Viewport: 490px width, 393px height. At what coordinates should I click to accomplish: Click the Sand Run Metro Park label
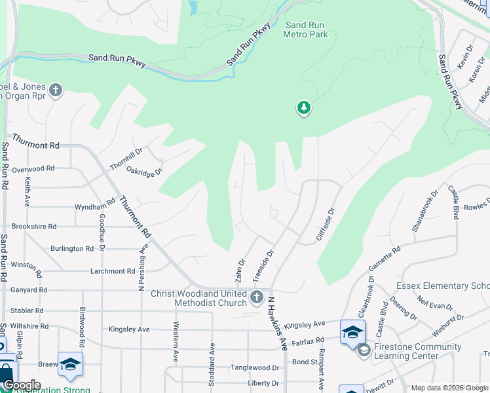coord(305,29)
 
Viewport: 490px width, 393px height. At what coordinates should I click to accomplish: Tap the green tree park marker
coord(303,107)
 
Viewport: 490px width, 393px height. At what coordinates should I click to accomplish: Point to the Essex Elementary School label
coord(443,286)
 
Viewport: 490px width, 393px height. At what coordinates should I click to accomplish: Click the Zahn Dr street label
coord(241,271)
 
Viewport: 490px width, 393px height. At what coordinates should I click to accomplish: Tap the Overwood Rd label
coord(33,168)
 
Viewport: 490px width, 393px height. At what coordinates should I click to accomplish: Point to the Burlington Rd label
coord(72,249)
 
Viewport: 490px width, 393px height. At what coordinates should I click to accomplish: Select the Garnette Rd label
coord(385,261)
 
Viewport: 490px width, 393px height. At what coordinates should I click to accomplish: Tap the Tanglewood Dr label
coord(255,368)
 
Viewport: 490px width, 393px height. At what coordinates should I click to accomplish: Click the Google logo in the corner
coord(22,385)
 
